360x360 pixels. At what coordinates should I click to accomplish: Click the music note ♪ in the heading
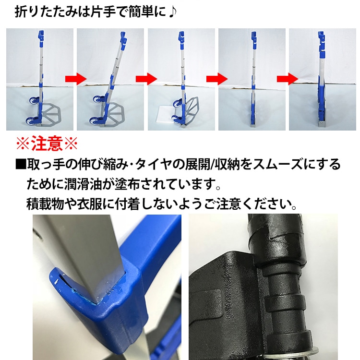pos(172,12)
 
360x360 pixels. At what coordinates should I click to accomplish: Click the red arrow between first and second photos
pos(76,79)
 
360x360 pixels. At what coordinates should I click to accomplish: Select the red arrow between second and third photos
pos(146,79)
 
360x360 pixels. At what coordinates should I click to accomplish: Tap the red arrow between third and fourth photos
pos(217,79)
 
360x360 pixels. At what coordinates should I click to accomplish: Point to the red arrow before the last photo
pos(288,79)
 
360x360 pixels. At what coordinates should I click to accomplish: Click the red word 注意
pos(47,144)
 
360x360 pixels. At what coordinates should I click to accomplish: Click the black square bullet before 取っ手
pos(21,164)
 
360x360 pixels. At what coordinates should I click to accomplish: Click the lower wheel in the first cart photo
pos(31,121)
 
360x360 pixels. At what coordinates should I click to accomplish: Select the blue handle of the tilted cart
pos(123,40)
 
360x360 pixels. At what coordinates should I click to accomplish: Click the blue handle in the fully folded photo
pos(322,44)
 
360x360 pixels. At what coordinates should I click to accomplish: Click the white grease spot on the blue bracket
pos(56,281)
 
